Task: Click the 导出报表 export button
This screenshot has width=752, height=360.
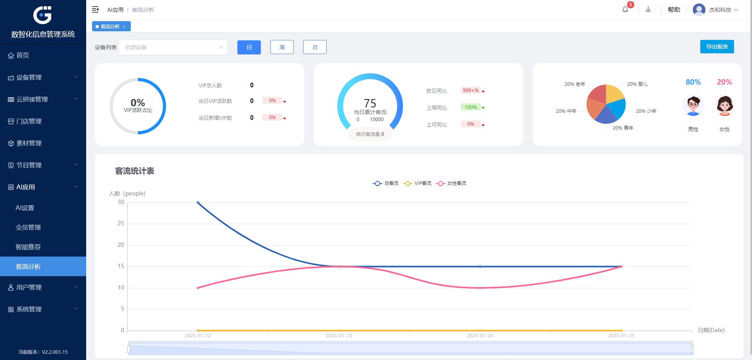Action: pyautogui.click(x=717, y=47)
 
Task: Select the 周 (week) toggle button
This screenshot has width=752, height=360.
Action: pyautogui.click(x=282, y=47)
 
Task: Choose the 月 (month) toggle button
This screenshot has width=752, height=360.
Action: pyautogui.click(x=315, y=47)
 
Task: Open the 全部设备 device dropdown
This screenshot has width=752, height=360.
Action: pyautogui.click(x=173, y=47)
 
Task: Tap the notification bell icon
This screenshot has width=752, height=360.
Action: pyautogui.click(x=625, y=9)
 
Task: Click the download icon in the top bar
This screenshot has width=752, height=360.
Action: pyautogui.click(x=648, y=9)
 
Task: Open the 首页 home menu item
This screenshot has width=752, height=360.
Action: pyautogui.click(x=23, y=55)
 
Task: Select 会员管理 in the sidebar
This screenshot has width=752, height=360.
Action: pyautogui.click(x=28, y=227)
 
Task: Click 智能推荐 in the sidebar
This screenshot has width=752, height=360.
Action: pyautogui.click(x=28, y=247)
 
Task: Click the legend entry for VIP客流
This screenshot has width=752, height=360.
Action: pyautogui.click(x=418, y=183)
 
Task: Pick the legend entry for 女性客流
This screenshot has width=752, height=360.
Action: pyautogui.click(x=451, y=183)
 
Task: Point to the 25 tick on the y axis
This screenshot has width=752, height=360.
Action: pyautogui.click(x=121, y=223)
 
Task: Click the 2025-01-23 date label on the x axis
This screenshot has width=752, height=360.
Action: pyautogui.click(x=339, y=336)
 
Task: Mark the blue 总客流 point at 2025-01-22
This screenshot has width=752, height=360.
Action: pyautogui.click(x=198, y=203)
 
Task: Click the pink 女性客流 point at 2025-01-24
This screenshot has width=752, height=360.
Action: pyautogui.click(x=480, y=288)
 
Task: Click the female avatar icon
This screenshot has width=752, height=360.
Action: pyautogui.click(x=725, y=105)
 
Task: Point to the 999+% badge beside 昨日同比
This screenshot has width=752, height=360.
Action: pyautogui.click(x=471, y=90)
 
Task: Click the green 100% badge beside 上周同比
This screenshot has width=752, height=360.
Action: pyautogui.click(x=471, y=107)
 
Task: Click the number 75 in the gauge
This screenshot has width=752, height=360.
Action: pyautogui.click(x=370, y=103)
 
